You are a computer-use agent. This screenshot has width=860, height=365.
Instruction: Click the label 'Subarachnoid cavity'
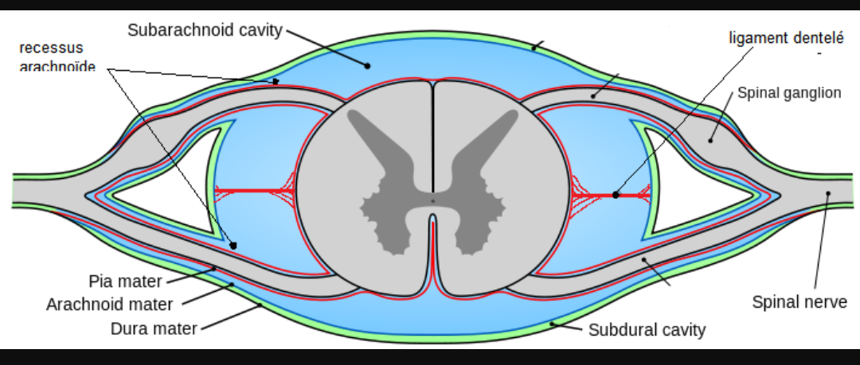[x=205, y=30]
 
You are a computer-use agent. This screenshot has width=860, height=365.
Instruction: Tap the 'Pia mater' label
[x=125, y=282]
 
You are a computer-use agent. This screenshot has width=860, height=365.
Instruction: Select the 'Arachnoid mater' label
[x=109, y=304]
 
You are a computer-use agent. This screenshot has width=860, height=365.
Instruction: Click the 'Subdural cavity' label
[x=647, y=329]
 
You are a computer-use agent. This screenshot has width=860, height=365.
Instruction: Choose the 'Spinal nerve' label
[x=799, y=302]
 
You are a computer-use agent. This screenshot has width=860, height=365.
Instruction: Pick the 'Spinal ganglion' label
[x=789, y=93]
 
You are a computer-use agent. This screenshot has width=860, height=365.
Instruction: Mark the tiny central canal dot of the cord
[x=432, y=200]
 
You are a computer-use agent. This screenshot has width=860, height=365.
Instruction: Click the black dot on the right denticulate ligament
[x=616, y=194]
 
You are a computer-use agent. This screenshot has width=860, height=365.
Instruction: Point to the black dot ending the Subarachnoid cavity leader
[x=368, y=65]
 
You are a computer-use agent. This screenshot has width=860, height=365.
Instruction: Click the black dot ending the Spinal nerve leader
[x=829, y=193]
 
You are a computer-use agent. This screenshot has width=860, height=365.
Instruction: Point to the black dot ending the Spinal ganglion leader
[x=709, y=140]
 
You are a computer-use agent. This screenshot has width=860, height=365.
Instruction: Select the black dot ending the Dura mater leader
[x=259, y=305]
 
